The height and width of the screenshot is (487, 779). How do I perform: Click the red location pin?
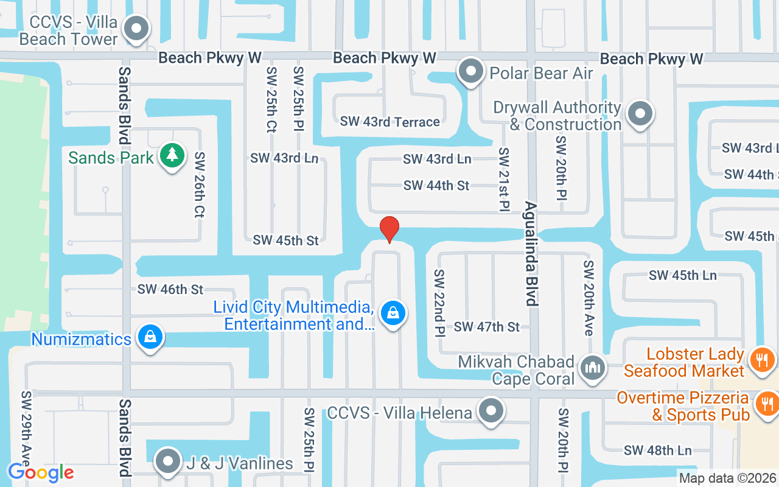[389, 229]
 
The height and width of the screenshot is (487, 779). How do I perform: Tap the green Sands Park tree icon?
[172, 156]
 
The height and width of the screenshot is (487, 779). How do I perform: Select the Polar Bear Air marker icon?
[470, 72]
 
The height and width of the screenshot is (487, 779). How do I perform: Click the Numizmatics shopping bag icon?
[150, 337]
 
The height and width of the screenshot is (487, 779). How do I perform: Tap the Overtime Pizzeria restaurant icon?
[765, 404]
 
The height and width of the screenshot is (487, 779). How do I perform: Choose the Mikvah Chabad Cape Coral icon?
[591, 368]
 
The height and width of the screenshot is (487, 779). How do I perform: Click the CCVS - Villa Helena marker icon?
[491, 412]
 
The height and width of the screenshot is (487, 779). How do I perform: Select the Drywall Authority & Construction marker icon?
[640, 114]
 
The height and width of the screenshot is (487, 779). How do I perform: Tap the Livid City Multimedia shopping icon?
[393, 314]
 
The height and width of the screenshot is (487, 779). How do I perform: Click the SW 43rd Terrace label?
[389, 122]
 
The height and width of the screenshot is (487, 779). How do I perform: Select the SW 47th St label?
[487, 327]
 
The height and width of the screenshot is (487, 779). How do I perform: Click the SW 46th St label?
[170, 290]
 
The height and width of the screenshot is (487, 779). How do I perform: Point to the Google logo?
[41, 472]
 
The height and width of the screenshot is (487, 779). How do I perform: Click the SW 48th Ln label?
[657, 450]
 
